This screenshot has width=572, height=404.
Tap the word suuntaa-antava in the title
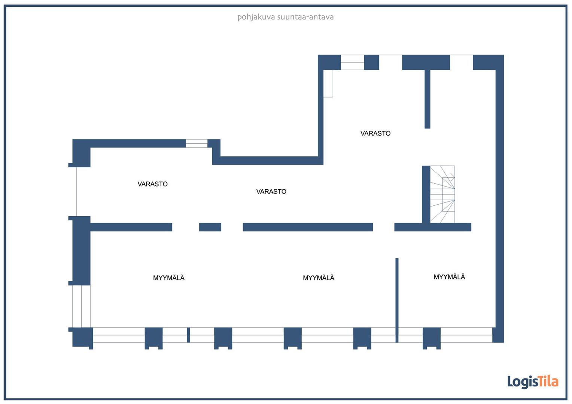[305, 17]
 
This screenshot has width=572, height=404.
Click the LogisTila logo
[533, 382]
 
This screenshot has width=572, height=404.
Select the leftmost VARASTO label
[152, 184]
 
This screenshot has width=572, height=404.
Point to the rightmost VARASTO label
[375, 133]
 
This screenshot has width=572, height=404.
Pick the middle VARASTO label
[271, 192]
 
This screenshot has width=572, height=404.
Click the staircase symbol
[442, 194]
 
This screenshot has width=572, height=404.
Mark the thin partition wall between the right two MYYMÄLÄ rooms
[397, 300]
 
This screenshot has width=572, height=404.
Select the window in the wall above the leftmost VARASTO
[197, 143]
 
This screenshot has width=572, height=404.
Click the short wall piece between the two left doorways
[210, 227]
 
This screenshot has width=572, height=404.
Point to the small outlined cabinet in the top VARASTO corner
[328, 83]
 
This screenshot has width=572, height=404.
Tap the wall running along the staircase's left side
[426, 195]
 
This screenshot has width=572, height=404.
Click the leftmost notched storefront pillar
[153, 339]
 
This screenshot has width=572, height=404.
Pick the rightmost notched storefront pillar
[432, 339]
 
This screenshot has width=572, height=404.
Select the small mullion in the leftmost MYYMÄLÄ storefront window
[188, 335]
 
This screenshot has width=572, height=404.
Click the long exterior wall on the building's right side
[500, 199]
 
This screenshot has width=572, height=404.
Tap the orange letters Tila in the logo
[548, 382]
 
